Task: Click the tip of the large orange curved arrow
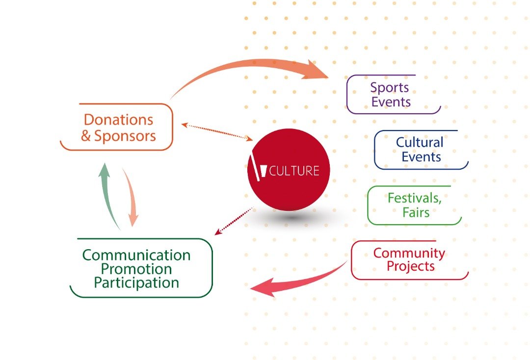click(328, 77)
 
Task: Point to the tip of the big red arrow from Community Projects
click(250, 289)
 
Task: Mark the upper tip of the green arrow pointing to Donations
click(105, 163)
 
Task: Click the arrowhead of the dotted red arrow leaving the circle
click(215, 235)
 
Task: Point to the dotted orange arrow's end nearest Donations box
click(182, 125)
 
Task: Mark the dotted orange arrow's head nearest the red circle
click(253, 139)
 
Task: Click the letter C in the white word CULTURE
click(273, 171)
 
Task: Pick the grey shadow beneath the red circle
click(292, 217)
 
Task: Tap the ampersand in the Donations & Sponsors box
click(85, 136)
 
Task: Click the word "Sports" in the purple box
click(389, 88)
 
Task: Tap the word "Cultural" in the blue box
click(420, 142)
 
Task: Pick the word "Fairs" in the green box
click(416, 212)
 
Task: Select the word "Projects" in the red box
click(411, 266)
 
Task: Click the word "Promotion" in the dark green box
click(136, 269)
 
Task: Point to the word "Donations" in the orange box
click(118, 120)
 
